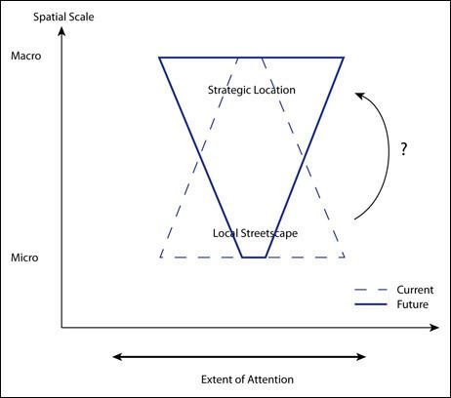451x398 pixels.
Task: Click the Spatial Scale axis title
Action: tap(63, 17)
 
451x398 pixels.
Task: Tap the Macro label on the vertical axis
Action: tap(26, 56)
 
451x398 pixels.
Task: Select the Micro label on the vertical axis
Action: tap(24, 258)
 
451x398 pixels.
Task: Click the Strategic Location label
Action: tap(252, 90)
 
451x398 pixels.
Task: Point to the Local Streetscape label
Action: tap(255, 233)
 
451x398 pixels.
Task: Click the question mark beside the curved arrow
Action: tap(404, 149)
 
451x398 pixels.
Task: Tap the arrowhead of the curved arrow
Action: tap(359, 96)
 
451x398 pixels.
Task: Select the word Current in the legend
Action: tap(415, 290)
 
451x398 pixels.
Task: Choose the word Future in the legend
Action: tap(413, 304)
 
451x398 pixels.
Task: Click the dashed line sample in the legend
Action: tap(371, 290)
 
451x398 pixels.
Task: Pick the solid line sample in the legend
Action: tap(371, 304)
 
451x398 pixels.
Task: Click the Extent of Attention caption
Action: tap(247, 379)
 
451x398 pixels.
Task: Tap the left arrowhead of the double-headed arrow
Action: tap(117, 357)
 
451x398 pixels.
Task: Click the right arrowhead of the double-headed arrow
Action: tap(361, 357)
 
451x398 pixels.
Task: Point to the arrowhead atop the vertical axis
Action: tap(61, 31)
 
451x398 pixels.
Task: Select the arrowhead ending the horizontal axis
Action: tap(434, 328)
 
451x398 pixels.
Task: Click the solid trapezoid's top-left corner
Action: tap(159, 58)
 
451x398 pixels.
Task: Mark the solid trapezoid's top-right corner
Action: tap(344, 58)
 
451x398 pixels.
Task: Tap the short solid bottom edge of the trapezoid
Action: tap(254, 258)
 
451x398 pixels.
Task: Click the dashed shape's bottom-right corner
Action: tap(345, 258)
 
